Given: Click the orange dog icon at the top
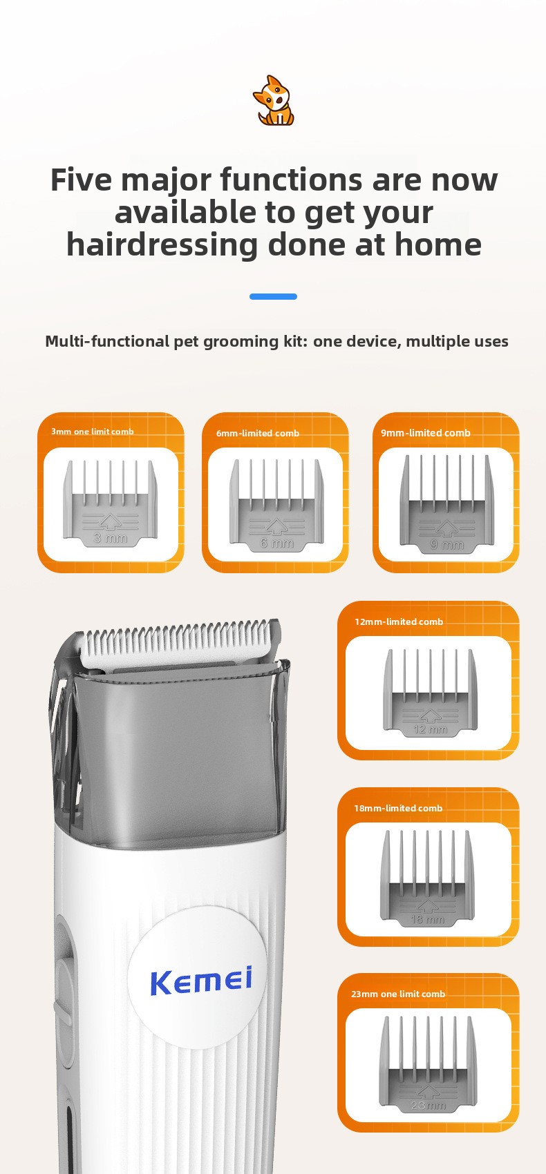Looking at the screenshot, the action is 273,100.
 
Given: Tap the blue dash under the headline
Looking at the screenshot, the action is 273,297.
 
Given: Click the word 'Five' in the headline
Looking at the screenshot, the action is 82,180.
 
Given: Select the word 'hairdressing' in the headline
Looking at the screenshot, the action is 162,245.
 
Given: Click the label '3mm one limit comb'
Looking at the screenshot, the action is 93,432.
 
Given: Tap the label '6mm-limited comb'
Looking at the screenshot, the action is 258,434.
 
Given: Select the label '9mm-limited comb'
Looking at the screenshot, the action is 425,433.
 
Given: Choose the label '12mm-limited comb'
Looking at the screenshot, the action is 399,622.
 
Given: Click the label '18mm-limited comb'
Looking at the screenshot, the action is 398,808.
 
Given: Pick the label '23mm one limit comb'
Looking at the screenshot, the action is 398,994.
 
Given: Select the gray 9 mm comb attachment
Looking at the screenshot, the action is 446,503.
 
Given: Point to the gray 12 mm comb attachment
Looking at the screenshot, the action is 430,693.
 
